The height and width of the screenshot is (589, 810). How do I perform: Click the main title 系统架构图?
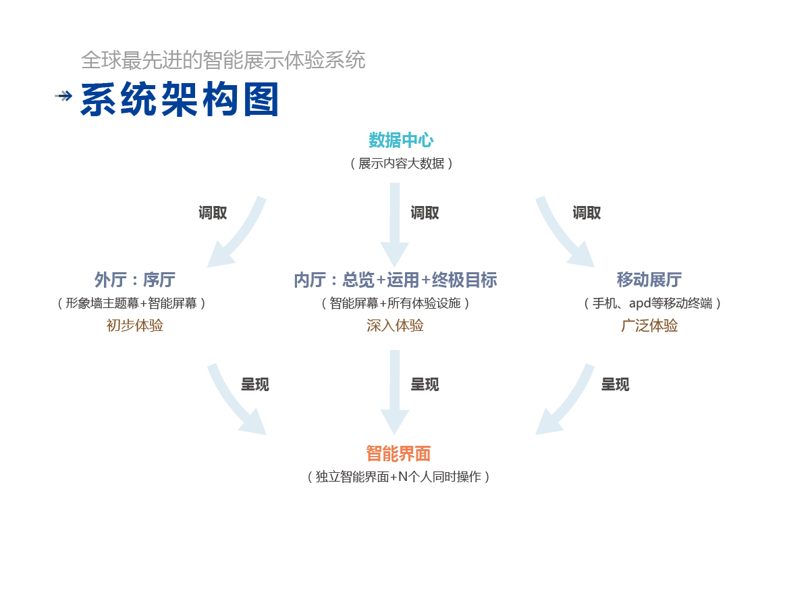[x=180, y=101]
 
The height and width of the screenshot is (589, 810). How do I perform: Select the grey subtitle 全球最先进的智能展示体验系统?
[x=223, y=60]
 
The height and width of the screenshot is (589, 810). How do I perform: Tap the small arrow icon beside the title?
[x=63, y=96]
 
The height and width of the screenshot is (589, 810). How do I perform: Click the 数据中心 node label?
[x=401, y=140]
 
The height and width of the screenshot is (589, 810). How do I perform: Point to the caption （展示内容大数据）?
[x=401, y=163]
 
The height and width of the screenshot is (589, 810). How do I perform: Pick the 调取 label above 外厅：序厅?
[x=213, y=213]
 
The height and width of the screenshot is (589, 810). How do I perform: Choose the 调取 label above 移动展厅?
[x=587, y=213]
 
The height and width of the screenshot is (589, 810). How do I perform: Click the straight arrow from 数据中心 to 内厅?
[x=395, y=223]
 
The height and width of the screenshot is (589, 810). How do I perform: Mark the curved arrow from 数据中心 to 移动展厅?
[x=564, y=233]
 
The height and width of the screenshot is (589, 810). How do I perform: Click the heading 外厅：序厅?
[x=135, y=280]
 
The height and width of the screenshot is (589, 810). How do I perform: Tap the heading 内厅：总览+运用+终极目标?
[x=396, y=280]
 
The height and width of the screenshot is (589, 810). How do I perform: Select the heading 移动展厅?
[x=649, y=280]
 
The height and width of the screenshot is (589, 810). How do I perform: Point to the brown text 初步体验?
[x=135, y=326]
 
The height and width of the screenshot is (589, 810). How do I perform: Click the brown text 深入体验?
[x=396, y=326]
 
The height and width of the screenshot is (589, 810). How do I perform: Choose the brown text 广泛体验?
[x=649, y=326]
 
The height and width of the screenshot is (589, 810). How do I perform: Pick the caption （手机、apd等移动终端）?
[x=652, y=303]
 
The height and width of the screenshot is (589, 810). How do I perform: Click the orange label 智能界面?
[x=398, y=453]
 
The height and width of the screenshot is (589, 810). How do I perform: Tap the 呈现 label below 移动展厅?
[x=615, y=384]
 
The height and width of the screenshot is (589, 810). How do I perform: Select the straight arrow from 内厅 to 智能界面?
[x=395, y=392]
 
